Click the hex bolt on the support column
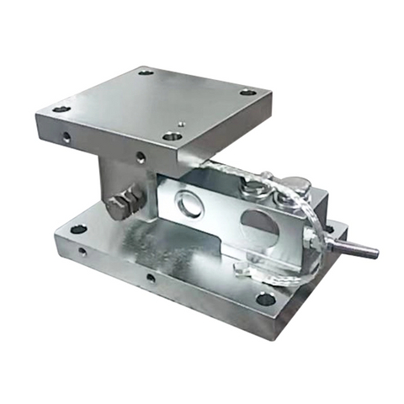[x=123, y=203]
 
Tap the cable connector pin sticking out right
[x=357, y=248]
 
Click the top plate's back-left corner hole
[x=146, y=72]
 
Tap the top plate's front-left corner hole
[x=61, y=109]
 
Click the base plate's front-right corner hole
[x=265, y=298]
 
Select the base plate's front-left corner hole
[x=78, y=229]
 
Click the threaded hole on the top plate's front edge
[x=140, y=157]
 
